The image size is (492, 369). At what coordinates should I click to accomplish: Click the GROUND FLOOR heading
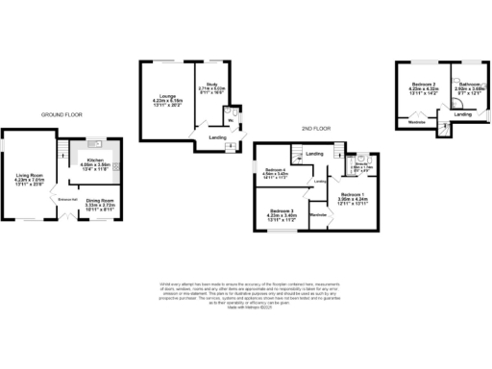click(61, 114)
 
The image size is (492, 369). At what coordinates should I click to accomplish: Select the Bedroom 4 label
click(278, 174)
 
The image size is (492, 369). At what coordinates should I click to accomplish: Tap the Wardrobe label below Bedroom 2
click(418, 122)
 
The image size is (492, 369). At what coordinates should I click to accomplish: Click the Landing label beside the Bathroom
click(462, 114)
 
